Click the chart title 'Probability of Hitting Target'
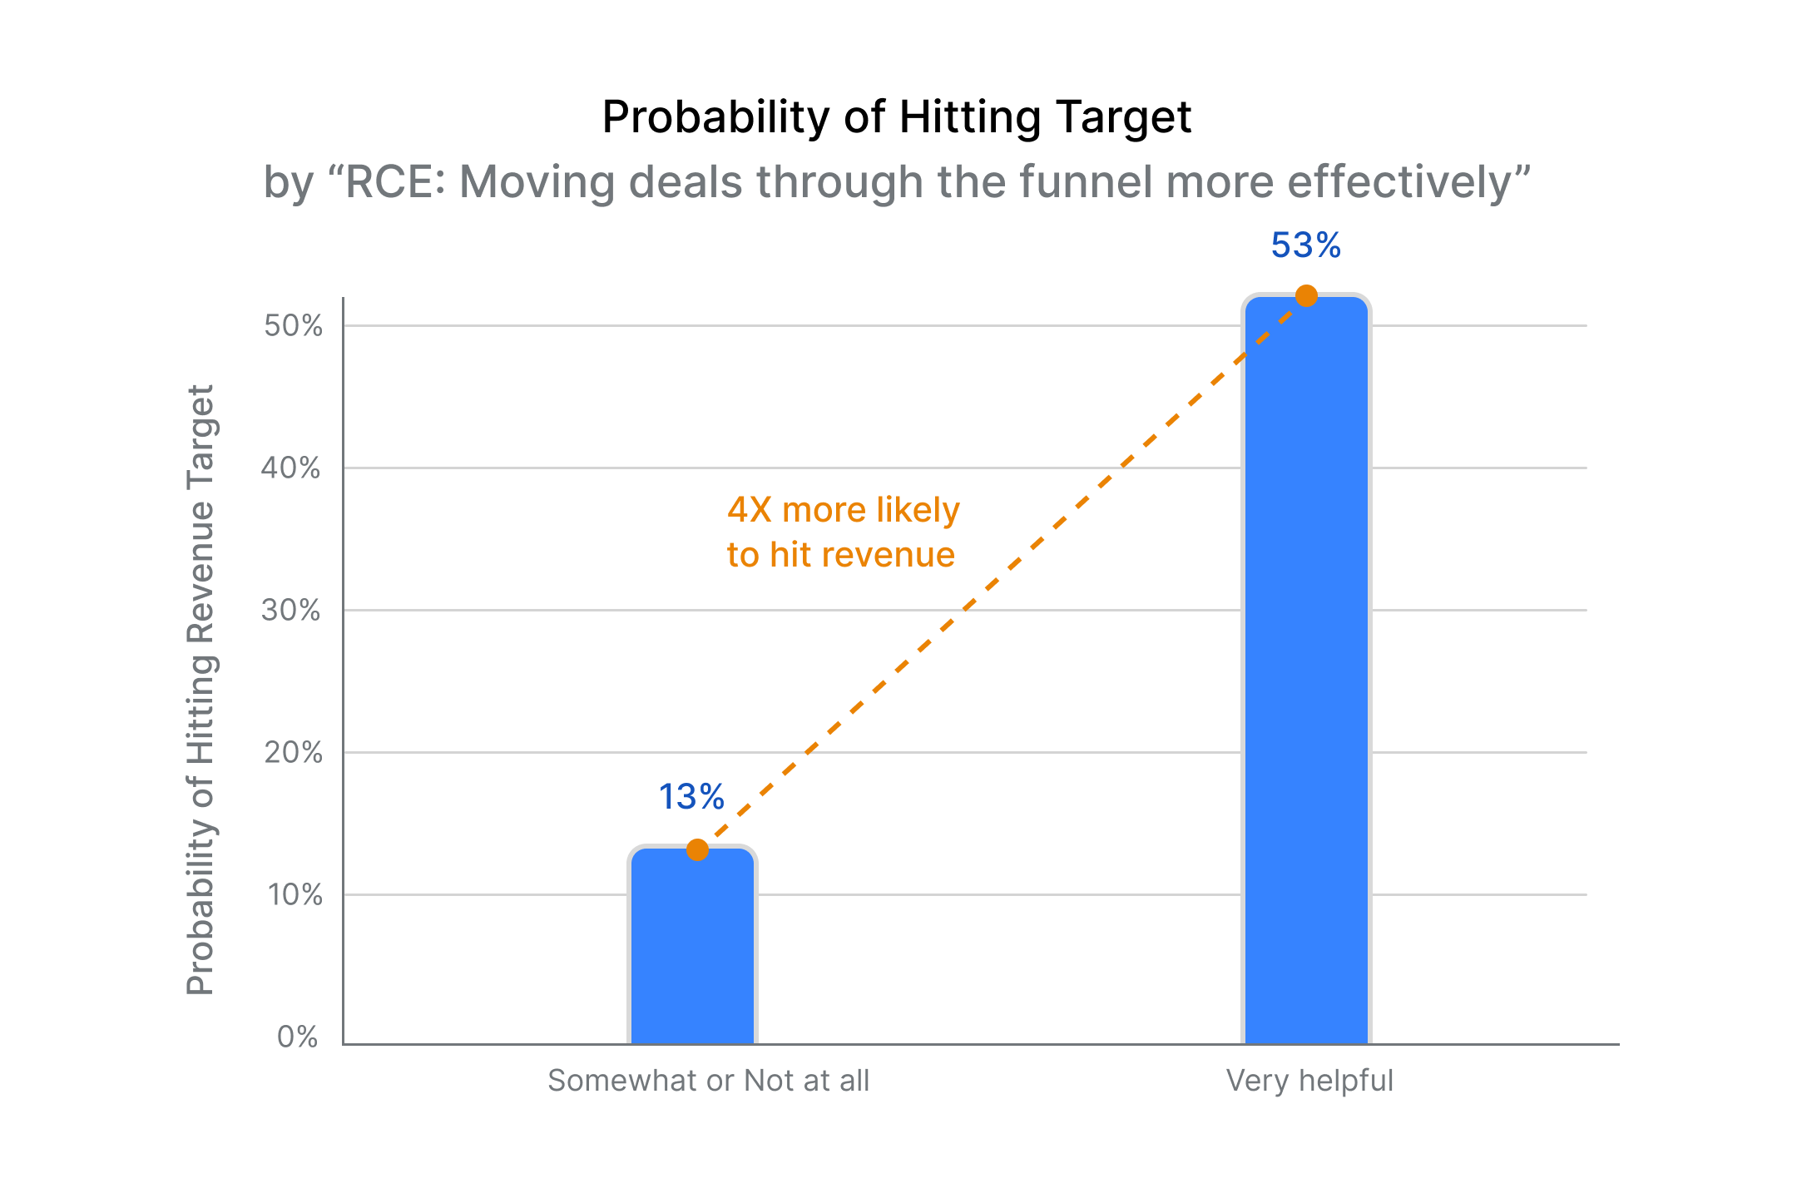tap(897, 116)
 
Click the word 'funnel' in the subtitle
tap(1086, 181)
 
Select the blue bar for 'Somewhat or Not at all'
tap(692, 948)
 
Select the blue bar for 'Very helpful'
tap(1306, 666)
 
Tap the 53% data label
tap(1305, 245)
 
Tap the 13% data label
tap(691, 797)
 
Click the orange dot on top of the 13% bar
tap(697, 849)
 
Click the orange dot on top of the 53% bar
tap(1306, 295)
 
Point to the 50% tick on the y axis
tap(293, 325)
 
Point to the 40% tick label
tap(291, 468)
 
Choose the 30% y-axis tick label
tap(291, 610)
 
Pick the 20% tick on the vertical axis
tap(293, 752)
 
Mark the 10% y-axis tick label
tap(295, 894)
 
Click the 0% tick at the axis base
tap(298, 1037)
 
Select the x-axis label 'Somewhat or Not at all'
tap(708, 1081)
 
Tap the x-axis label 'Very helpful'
tap(1309, 1081)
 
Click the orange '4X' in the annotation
tap(750, 510)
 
